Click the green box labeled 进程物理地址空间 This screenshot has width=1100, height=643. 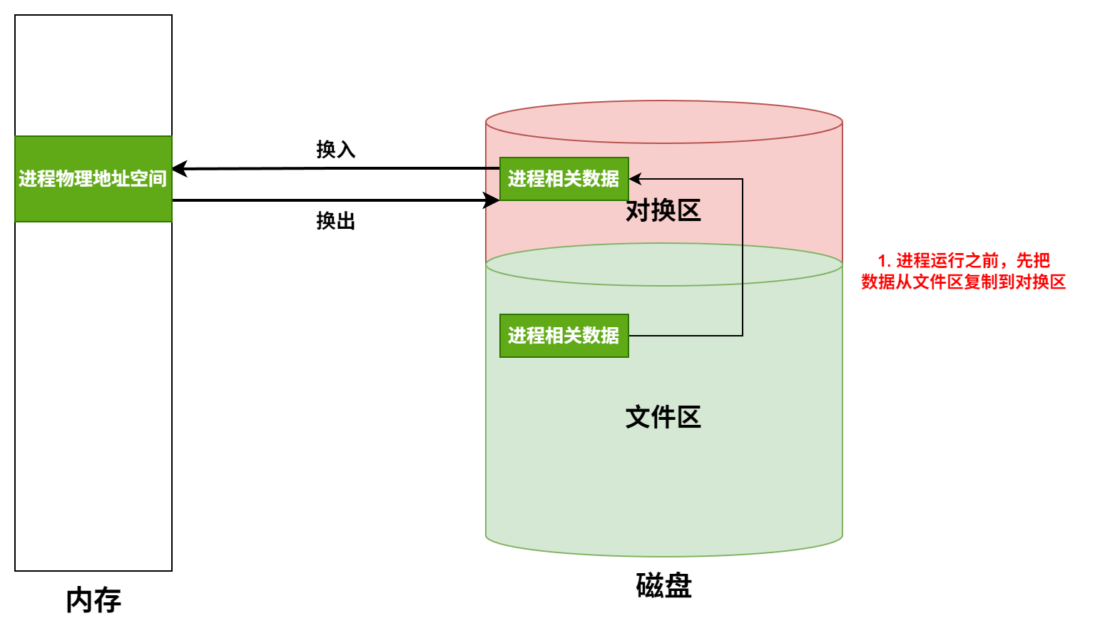pos(93,178)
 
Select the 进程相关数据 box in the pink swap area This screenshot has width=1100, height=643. pos(564,178)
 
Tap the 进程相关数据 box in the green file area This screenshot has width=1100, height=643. pos(564,335)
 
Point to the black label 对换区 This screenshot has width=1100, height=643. pos(663,211)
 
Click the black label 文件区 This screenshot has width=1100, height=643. pos(663,417)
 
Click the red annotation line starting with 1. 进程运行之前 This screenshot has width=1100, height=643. pos(964,261)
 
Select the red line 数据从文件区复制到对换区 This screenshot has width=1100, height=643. pos(963,282)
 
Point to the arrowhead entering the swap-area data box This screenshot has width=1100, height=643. pos(634,179)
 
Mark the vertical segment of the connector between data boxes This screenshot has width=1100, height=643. pos(743,257)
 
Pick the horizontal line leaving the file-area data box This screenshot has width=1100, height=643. pos(685,336)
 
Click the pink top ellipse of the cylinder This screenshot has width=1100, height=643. pos(663,122)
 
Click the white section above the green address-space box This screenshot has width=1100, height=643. pos(93,76)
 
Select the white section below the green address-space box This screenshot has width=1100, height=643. pos(93,396)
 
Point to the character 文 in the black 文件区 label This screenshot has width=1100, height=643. pos(638,417)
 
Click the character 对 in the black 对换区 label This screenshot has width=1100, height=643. pos(638,211)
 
